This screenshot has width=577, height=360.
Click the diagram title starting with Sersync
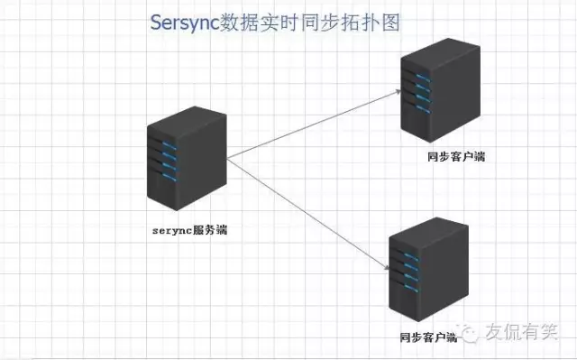point(274,22)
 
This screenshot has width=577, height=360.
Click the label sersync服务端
point(188,229)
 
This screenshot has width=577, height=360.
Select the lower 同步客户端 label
point(428,337)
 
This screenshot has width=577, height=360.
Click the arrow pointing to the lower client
point(307,213)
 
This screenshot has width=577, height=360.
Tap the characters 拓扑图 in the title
point(373,22)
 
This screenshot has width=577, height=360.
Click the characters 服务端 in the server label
point(210,229)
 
